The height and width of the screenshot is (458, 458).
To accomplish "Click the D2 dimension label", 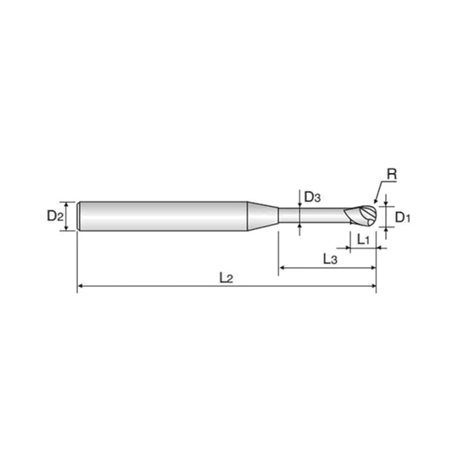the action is click(x=55, y=216).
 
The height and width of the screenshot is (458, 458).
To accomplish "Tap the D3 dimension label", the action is click(x=312, y=198).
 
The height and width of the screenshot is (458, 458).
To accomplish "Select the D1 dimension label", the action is click(x=403, y=217).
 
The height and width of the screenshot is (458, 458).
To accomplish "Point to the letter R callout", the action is click(x=392, y=175).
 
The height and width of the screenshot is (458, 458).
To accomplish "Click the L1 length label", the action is click(x=364, y=240).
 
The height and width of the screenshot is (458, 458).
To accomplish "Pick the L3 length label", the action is click(x=330, y=259).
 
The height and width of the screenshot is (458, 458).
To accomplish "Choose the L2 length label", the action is click(x=226, y=278).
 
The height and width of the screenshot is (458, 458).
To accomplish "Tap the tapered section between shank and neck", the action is click(x=263, y=216).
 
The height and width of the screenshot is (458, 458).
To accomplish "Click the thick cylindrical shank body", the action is click(x=164, y=216).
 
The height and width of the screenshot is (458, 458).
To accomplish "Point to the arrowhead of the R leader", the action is click(x=376, y=201).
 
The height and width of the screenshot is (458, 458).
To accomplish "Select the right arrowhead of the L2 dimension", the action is click(x=373, y=286).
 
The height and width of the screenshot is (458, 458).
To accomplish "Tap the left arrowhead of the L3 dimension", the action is click(x=282, y=267).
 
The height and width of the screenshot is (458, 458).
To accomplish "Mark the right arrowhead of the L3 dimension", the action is click(x=373, y=267).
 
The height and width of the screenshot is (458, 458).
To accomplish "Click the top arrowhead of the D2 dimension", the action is click(x=67, y=204).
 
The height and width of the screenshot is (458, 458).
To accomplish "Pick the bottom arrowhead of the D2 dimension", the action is click(x=67, y=228).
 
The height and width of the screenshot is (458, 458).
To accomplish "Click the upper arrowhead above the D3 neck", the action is click(x=299, y=205).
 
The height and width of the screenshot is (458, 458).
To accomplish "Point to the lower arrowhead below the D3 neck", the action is click(x=299, y=226).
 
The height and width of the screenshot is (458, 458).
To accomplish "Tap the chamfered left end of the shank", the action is click(x=78, y=216).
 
